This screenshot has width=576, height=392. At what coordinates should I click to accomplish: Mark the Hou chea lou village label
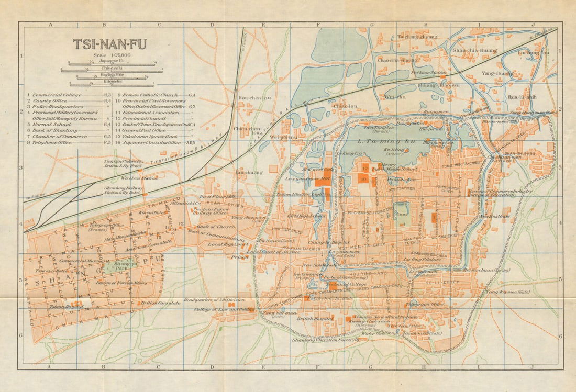pos(251,98)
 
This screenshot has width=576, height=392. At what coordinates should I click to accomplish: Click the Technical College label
pos(340,284)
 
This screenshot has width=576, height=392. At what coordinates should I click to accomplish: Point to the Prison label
pos(239,256)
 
